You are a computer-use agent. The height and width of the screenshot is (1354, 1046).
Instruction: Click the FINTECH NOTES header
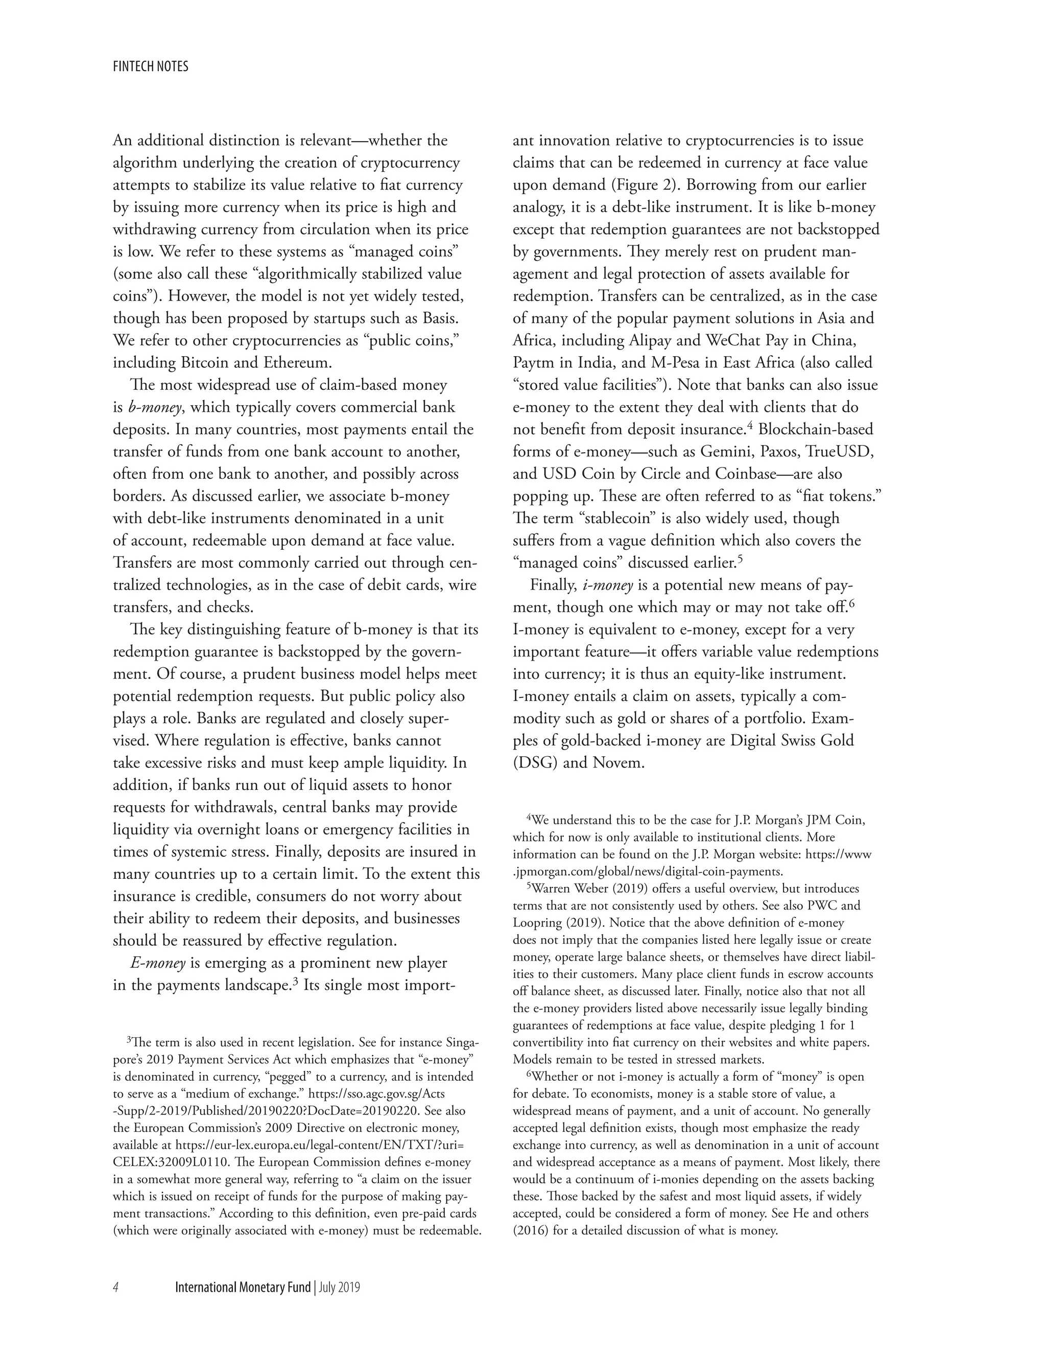pyautogui.click(x=151, y=66)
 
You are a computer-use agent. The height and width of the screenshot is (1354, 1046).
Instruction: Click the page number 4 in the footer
pyautogui.click(x=116, y=1288)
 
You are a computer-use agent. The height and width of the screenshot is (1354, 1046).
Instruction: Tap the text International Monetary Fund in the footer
pyautogui.click(x=242, y=1288)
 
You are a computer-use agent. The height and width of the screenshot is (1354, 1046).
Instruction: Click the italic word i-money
pyautogui.click(x=608, y=585)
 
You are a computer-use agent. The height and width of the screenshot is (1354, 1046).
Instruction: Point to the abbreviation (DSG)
pyautogui.click(x=535, y=762)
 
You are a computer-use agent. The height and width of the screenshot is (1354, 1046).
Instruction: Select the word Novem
pyautogui.click(x=619, y=762)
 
